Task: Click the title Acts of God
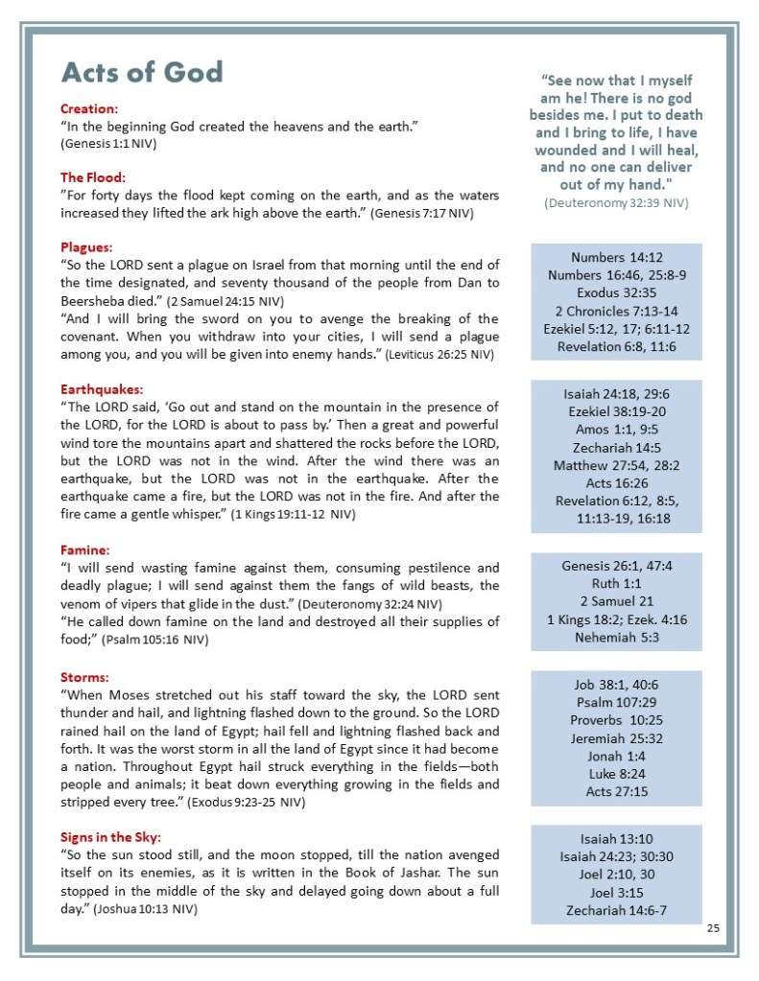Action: click(141, 73)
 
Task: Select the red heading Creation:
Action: click(89, 108)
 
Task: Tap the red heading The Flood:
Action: click(93, 177)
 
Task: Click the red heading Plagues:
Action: click(86, 246)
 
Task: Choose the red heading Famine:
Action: click(85, 550)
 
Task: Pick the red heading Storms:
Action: click(85, 677)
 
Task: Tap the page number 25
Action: click(713, 928)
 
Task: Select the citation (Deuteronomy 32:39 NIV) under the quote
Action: click(615, 203)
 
